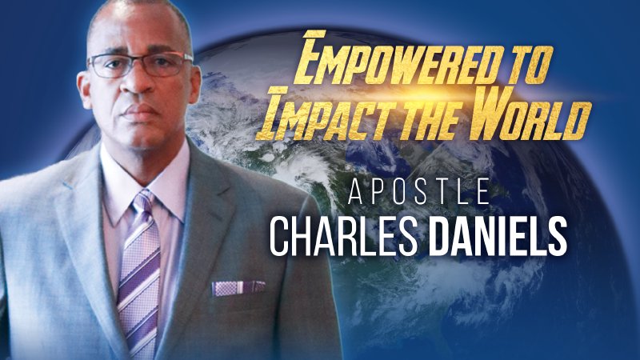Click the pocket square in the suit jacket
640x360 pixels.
[238, 286]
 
